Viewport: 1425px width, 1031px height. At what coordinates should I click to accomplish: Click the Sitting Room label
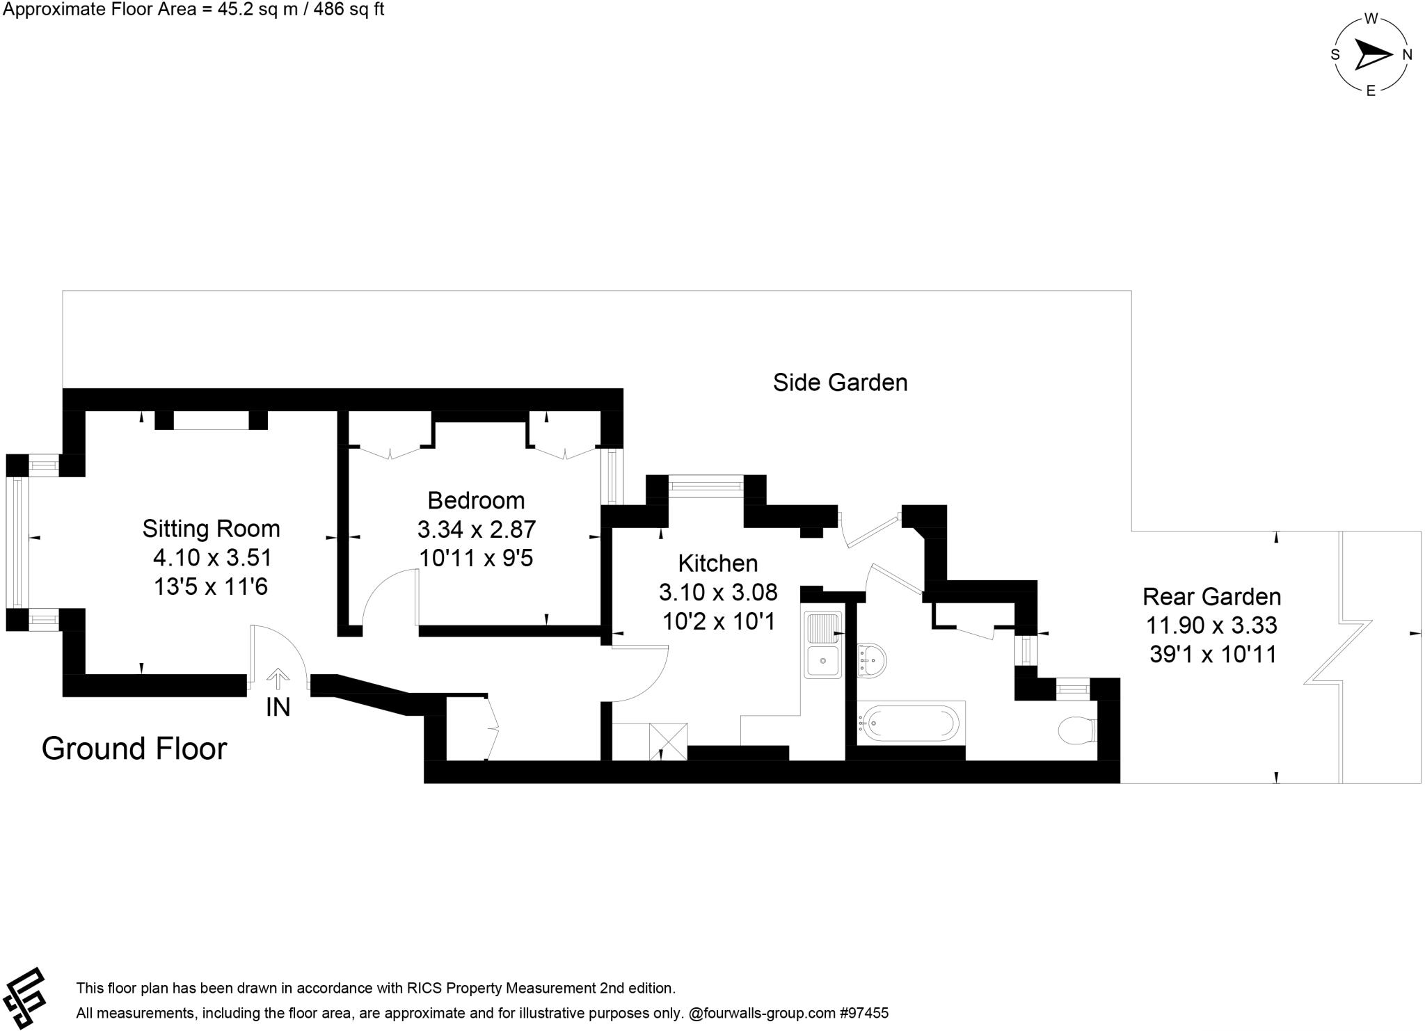point(211,529)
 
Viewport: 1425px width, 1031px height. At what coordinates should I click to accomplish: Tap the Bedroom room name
point(476,500)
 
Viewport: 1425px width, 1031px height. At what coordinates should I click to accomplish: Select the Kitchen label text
point(717,563)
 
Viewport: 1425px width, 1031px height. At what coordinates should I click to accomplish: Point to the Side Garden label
point(840,383)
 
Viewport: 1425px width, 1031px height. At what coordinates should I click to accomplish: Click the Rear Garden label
point(1211,597)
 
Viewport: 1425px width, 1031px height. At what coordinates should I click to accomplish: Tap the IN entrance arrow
point(278,678)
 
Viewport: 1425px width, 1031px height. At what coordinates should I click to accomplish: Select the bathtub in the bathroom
point(909,724)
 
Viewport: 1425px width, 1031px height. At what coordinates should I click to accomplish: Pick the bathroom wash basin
point(872,659)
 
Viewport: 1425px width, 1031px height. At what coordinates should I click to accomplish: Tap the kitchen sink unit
point(823,644)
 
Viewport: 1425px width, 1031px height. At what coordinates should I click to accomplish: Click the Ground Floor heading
point(134,749)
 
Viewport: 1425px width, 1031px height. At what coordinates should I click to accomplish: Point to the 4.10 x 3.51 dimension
point(212,557)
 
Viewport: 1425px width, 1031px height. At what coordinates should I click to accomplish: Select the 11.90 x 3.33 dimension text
point(1211,625)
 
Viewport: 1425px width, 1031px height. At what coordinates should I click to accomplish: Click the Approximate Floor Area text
point(193,10)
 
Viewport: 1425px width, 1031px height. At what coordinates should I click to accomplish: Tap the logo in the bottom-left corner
point(24,998)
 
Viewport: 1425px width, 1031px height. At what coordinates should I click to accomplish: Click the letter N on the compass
point(1407,55)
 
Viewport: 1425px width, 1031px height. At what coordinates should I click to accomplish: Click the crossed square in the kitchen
point(668,742)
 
